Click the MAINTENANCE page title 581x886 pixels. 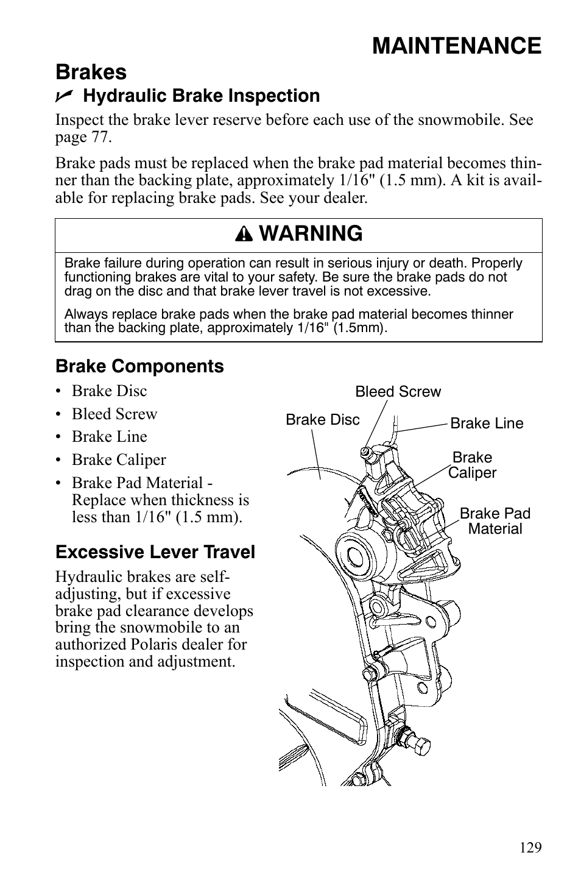click(x=456, y=46)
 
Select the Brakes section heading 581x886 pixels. click(x=91, y=72)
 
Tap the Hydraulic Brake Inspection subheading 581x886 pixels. click(x=201, y=96)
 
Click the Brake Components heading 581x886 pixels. click(x=139, y=366)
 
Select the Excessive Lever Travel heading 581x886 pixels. click(x=155, y=552)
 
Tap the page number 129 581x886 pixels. click(x=530, y=848)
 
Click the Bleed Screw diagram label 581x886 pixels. click(x=398, y=392)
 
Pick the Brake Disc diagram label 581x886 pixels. click(x=322, y=420)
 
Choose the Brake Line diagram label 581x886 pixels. click(x=487, y=424)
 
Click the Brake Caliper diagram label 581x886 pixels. click(x=473, y=465)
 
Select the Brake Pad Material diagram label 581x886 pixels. click(x=495, y=521)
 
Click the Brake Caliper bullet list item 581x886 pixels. click(x=118, y=460)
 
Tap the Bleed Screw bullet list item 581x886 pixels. click(x=114, y=414)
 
